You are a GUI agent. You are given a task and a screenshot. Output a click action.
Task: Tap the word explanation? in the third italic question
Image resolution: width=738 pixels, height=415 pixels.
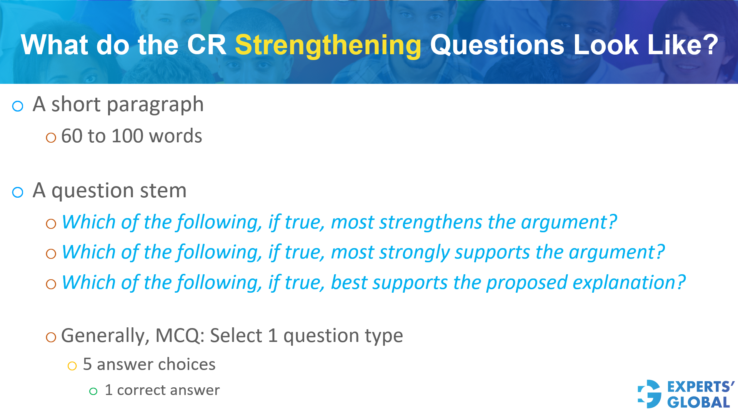coord(629,283)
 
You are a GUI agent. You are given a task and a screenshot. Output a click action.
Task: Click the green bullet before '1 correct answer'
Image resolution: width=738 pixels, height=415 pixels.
coord(93,392)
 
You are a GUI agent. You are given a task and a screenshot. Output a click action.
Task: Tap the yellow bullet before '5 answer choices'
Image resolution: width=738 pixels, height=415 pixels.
coord(72,366)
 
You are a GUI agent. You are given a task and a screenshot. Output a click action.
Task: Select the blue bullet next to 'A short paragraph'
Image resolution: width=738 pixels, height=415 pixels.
coord(18,106)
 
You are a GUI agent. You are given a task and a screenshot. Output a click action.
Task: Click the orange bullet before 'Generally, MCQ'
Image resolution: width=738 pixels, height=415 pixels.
coord(51,337)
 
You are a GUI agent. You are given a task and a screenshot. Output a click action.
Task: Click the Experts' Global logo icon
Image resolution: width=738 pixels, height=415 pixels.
coord(649,394)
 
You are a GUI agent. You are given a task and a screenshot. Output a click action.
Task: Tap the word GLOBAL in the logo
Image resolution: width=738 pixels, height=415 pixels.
coord(698,402)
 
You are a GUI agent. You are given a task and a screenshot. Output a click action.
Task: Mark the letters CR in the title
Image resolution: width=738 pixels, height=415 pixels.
coord(207,45)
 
